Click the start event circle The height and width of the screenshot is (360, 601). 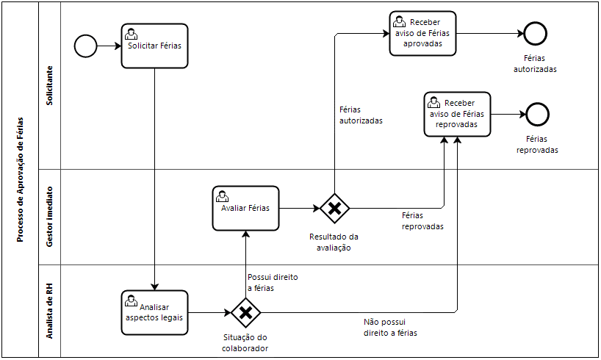tap(86, 46)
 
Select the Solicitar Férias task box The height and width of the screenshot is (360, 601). tap(154, 46)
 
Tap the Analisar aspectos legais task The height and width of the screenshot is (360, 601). tap(154, 312)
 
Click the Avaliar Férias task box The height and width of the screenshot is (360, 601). tap(246, 208)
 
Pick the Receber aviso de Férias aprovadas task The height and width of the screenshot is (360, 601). tap(422, 33)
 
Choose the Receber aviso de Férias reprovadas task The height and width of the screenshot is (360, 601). tap(457, 114)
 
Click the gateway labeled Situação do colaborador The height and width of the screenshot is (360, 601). tap(246, 313)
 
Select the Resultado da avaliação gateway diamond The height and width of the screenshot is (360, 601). tap(334, 208)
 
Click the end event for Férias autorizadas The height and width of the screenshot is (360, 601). tap(534, 33)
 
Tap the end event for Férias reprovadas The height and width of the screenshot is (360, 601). tap(537, 114)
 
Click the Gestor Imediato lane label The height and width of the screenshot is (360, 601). tap(49, 217)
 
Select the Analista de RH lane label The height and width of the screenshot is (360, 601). tap(49, 311)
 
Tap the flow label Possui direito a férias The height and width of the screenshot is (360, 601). tap(272, 283)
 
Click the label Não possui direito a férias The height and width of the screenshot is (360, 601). tap(389, 328)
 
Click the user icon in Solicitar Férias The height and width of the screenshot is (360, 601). tap(131, 34)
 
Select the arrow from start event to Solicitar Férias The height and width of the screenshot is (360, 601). tap(109, 46)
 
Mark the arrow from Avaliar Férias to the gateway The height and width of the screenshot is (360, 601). tap(300, 208)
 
